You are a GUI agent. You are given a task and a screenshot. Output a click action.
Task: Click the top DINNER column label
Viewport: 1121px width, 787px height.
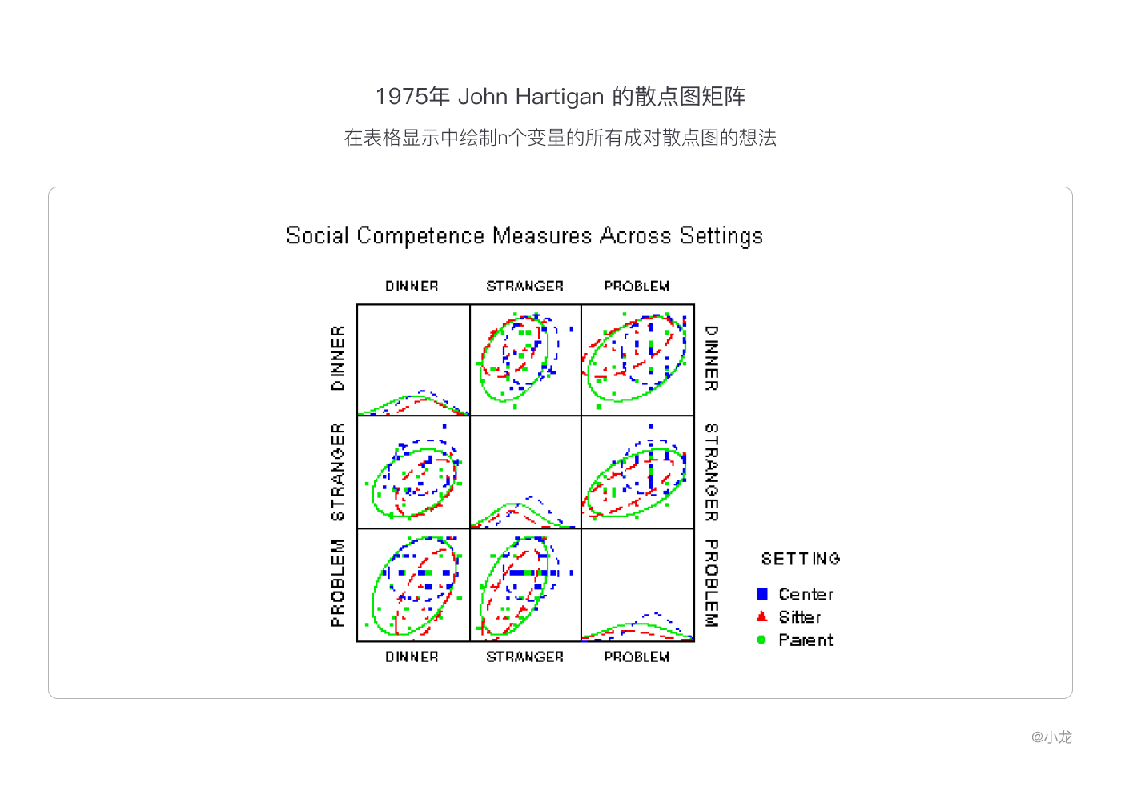pos(412,287)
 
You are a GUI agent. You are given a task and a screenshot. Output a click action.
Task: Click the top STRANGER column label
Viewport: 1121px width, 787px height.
pos(524,287)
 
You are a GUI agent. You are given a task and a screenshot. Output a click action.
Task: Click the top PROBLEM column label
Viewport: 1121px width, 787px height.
pos(637,287)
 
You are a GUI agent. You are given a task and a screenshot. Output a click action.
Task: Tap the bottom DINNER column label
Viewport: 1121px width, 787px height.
pos(412,657)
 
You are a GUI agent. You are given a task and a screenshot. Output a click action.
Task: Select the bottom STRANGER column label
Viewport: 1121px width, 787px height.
pos(524,657)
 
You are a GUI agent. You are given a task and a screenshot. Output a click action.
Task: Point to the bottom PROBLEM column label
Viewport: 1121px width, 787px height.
pos(637,657)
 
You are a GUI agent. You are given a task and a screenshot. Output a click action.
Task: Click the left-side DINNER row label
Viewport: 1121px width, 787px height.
pos(338,358)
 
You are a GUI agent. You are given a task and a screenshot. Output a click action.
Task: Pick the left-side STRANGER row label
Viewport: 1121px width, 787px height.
pos(338,472)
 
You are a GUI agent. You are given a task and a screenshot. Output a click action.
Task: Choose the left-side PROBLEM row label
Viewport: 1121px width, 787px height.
pos(338,583)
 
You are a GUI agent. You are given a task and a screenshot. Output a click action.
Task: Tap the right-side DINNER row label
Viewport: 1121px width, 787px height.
pos(711,358)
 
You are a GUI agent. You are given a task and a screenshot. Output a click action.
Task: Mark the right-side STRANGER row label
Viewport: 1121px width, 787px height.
pos(711,472)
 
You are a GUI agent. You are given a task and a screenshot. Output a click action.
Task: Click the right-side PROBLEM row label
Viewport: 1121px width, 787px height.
pos(711,583)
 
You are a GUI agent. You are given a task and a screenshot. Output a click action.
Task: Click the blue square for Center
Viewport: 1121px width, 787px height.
pos(762,594)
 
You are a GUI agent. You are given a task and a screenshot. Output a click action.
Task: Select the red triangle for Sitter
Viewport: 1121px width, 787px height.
pos(762,616)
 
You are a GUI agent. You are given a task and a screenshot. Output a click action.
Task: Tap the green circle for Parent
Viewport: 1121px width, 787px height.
pos(761,640)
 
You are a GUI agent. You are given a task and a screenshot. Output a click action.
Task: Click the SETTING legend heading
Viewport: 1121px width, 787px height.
pos(800,559)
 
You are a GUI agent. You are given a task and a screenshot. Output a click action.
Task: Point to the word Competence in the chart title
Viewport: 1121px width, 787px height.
pos(420,236)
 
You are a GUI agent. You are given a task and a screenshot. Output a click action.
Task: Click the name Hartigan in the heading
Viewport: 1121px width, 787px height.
pos(559,97)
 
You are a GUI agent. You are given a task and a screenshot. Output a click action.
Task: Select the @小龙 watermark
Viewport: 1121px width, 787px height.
pos(1051,737)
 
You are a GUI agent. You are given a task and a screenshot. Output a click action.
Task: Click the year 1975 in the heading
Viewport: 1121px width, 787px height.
pos(401,97)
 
